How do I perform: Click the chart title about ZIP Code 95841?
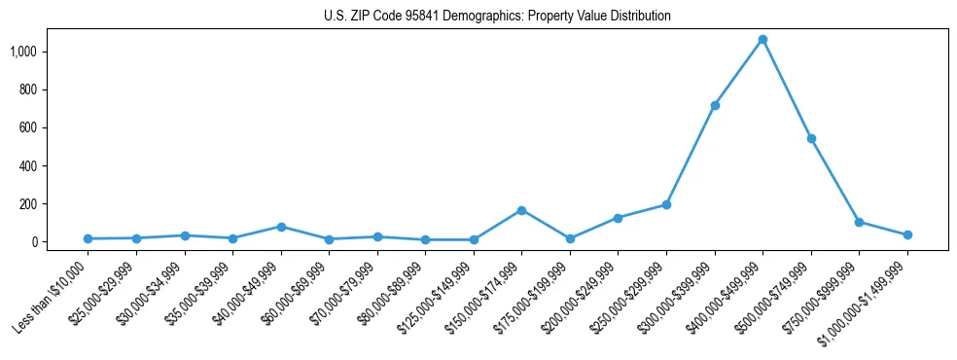(x=497, y=17)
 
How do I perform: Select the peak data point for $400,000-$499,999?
(x=762, y=40)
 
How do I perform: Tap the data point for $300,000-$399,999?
(x=715, y=105)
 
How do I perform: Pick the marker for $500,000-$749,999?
(x=811, y=139)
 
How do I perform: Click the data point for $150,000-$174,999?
(x=521, y=210)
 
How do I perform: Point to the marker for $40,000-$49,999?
(x=281, y=227)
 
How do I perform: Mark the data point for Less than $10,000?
(x=89, y=238)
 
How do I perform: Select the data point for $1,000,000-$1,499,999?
(x=907, y=234)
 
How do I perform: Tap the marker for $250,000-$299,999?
(x=666, y=204)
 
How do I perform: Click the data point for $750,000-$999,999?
(x=859, y=222)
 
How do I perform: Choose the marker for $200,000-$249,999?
(x=618, y=218)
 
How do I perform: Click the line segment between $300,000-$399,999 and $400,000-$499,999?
(x=739, y=72)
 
